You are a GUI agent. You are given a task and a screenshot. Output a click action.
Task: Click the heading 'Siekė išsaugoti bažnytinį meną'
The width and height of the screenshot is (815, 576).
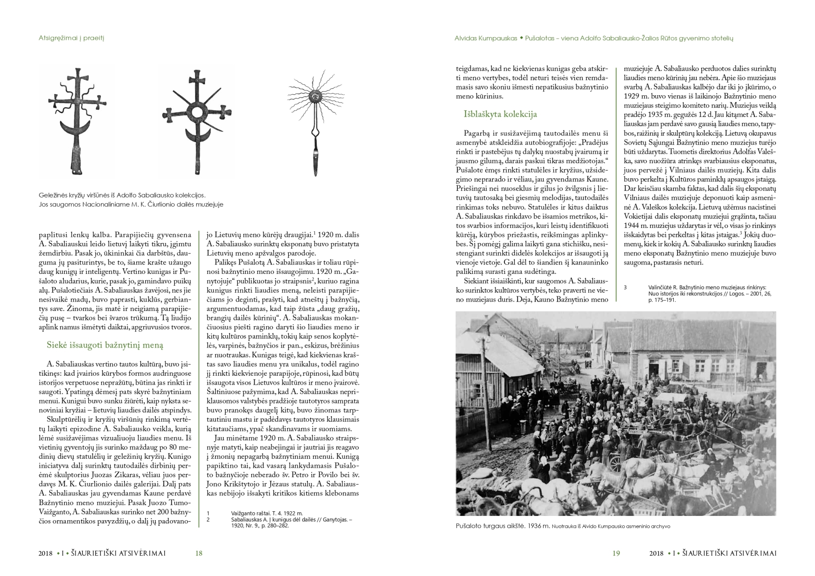pos(105,345)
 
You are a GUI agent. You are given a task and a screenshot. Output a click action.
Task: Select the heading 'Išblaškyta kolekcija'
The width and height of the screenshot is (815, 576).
pos(500,114)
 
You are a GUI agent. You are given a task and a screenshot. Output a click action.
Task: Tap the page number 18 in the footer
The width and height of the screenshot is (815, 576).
pos(198,553)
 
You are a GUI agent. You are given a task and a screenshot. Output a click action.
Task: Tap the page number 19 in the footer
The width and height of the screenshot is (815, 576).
pos(616,553)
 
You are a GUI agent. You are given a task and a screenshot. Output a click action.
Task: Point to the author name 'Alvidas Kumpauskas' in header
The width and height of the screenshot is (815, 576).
pos(486,38)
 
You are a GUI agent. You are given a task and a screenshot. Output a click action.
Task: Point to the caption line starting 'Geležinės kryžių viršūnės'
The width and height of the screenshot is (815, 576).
pos(122,195)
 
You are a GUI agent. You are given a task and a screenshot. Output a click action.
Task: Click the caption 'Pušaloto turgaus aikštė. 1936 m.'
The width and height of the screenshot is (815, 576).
pos(502,526)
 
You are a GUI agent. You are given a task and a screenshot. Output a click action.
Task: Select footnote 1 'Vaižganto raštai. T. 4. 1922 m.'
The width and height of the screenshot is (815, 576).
pos(267,513)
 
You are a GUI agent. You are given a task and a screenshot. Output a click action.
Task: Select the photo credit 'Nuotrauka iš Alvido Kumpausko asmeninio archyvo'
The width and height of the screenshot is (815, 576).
pos(611,526)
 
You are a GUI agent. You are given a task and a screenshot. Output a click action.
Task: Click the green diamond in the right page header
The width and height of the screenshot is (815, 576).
pos(521,38)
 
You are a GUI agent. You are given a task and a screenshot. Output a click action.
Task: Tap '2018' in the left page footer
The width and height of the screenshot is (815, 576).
pos(46,553)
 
